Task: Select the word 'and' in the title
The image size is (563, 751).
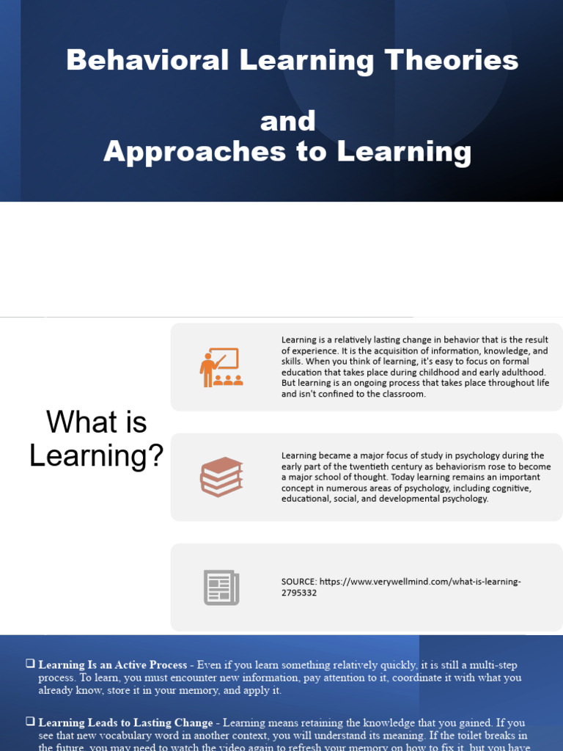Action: coord(287,121)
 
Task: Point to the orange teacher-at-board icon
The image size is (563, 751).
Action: coord(220,367)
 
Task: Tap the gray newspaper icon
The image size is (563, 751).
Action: coord(221,587)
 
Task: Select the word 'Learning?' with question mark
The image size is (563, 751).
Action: coord(97,456)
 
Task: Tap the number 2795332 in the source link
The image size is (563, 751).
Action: coord(299,593)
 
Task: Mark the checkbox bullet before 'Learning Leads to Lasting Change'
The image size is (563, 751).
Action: coord(30,722)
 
